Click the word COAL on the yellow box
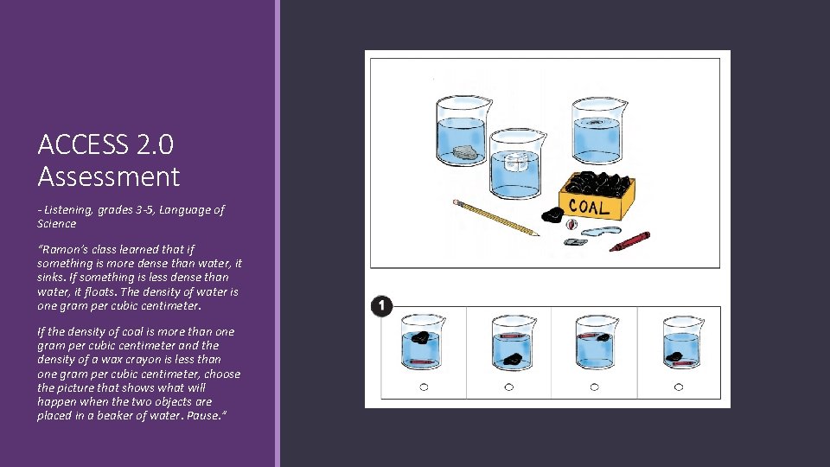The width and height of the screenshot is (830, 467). click(589, 207)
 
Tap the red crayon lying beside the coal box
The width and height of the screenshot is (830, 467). click(629, 241)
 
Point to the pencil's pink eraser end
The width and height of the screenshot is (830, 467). click(456, 202)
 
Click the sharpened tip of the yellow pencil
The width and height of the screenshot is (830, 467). click(539, 234)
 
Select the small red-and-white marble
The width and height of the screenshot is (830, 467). click(571, 225)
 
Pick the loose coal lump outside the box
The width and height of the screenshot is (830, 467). click(552, 214)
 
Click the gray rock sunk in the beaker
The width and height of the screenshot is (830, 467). click(465, 153)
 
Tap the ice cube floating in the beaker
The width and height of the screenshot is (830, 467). click(514, 162)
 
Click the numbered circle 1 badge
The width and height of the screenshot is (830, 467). click(381, 306)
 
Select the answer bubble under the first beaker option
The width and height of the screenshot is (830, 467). click(424, 387)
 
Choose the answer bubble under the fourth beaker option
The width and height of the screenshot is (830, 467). click(679, 387)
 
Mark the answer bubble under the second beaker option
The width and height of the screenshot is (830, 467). click(508, 387)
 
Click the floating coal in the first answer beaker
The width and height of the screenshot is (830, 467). click(421, 337)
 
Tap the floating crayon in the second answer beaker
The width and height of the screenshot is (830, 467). click(512, 336)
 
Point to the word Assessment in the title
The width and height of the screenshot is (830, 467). click(109, 176)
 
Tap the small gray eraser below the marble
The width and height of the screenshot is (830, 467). click(576, 242)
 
